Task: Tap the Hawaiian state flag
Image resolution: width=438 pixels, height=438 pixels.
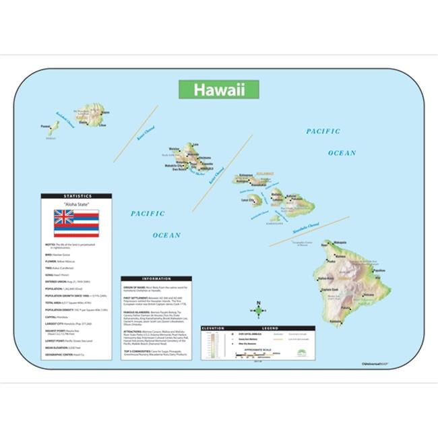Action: (x=76, y=223)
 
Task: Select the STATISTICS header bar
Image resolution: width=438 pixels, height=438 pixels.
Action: (x=76, y=196)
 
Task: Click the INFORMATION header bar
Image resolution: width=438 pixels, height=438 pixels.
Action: (x=156, y=278)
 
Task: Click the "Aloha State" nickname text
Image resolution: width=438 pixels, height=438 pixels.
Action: (x=76, y=204)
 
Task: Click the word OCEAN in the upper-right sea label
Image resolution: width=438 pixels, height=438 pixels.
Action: (x=342, y=153)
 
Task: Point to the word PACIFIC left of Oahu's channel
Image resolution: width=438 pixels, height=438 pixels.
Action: (x=148, y=214)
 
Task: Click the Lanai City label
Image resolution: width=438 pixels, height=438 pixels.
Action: (x=247, y=199)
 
